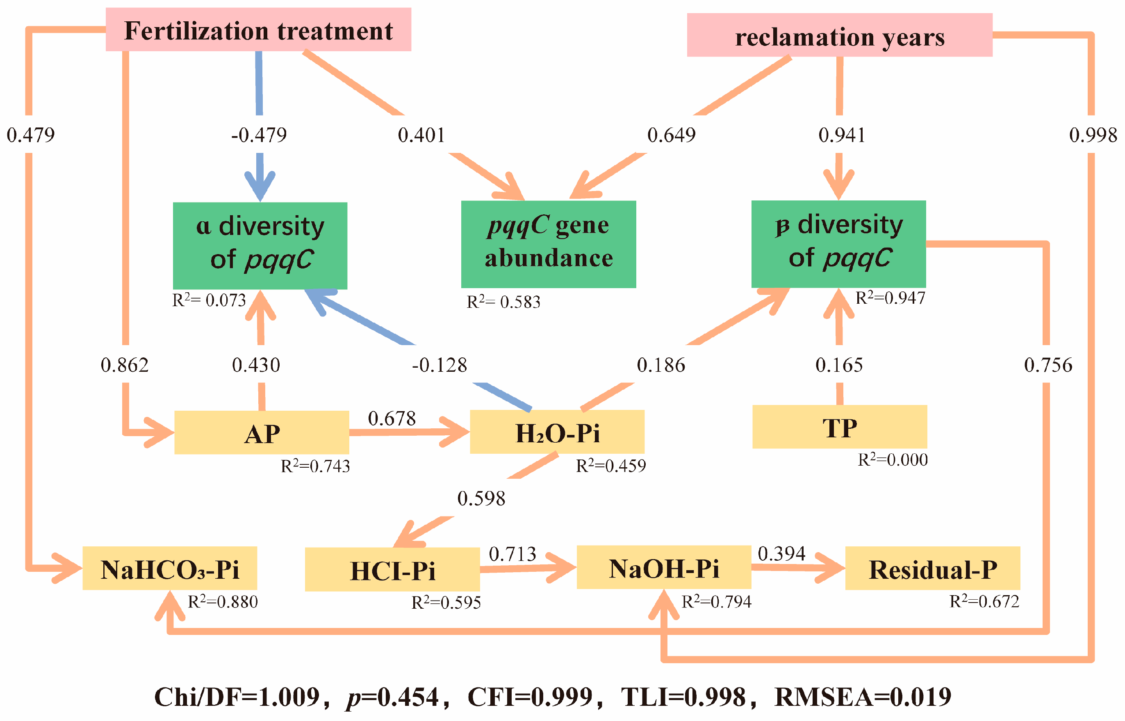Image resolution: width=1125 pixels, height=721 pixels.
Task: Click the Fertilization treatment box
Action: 258,30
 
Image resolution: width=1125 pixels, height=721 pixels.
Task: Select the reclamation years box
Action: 839,35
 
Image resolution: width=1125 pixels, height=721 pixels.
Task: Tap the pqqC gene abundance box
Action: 548,244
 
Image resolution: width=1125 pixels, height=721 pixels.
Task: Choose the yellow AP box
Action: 261,432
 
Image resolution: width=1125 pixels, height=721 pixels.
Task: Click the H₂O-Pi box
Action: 557,432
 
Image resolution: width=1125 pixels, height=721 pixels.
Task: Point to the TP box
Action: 839,427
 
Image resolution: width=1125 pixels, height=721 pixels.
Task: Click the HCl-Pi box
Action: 392,569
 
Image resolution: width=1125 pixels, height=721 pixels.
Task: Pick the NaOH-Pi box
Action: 663,567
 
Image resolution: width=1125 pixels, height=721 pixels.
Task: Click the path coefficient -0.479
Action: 258,135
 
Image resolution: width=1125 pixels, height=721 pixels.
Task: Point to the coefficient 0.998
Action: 1093,135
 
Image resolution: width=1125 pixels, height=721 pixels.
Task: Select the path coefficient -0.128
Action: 439,365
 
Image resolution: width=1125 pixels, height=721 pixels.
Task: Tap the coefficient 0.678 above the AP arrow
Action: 392,418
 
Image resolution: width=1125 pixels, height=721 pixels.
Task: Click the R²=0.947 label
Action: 890,298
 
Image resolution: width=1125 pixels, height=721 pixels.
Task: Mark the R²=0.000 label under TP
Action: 892,460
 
